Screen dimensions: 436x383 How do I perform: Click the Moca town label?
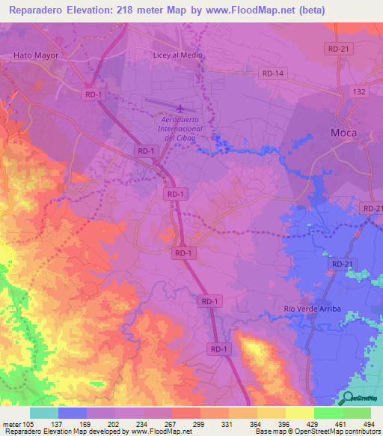(344, 133)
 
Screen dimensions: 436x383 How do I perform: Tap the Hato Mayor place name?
(36, 55)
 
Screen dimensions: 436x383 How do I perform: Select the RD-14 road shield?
(274, 73)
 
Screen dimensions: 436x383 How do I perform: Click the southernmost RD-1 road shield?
(219, 349)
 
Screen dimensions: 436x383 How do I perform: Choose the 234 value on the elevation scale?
(144, 424)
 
